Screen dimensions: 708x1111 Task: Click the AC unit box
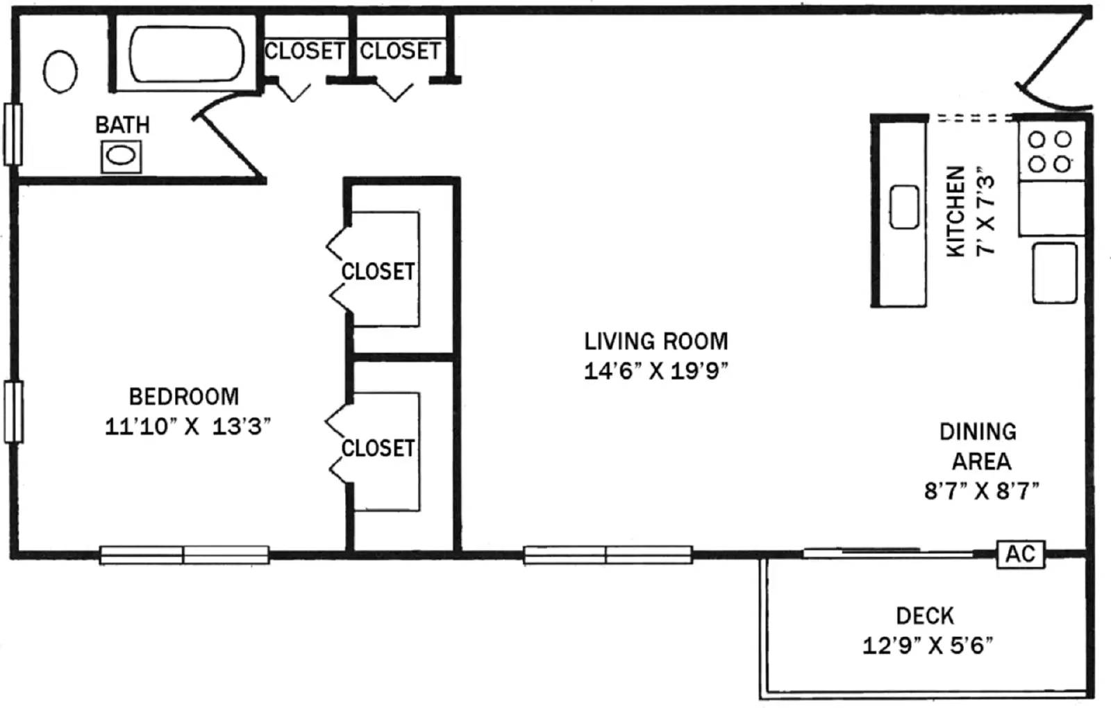pyautogui.click(x=1020, y=554)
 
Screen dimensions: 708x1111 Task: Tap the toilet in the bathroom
pyautogui.click(x=60, y=72)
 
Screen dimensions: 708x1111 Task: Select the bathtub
pyautogui.click(x=186, y=55)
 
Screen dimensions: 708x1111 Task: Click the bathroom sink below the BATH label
pyautogui.click(x=122, y=156)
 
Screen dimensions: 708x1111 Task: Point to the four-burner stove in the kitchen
pyautogui.click(x=1050, y=151)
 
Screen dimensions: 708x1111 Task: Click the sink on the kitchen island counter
pyautogui.click(x=904, y=207)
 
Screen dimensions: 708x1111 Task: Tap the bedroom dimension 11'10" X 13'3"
pyautogui.click(x=187, y=426)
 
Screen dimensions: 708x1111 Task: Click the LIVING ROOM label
pyautogui.click(x=655, y=341)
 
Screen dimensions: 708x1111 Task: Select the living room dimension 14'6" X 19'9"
pyautogui.click(x=655, y=371)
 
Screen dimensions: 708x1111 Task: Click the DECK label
pyautogui.click(x=925, y=616)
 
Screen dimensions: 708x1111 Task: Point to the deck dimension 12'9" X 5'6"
pyautogui.click(x=927, y=645)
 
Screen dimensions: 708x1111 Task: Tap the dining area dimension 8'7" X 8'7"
pyautogui.click(x=981, y=491)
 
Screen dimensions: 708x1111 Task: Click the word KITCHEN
pyautogui.click(x=956, y=211)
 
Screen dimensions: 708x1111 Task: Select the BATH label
pyautogui.click(x=122, y=125)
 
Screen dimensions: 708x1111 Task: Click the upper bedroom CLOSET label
pyautogui.click(x=378, y=271)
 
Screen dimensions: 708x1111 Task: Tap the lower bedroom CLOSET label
pyautogui.click(x=378, y=448)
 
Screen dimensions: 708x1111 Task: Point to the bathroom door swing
pyautogui.click(x=229, y=139)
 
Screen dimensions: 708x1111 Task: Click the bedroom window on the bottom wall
pyautogui.click(x=184, y=554)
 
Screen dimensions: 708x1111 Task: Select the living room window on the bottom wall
pyautogui.click(x=608, y=554)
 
